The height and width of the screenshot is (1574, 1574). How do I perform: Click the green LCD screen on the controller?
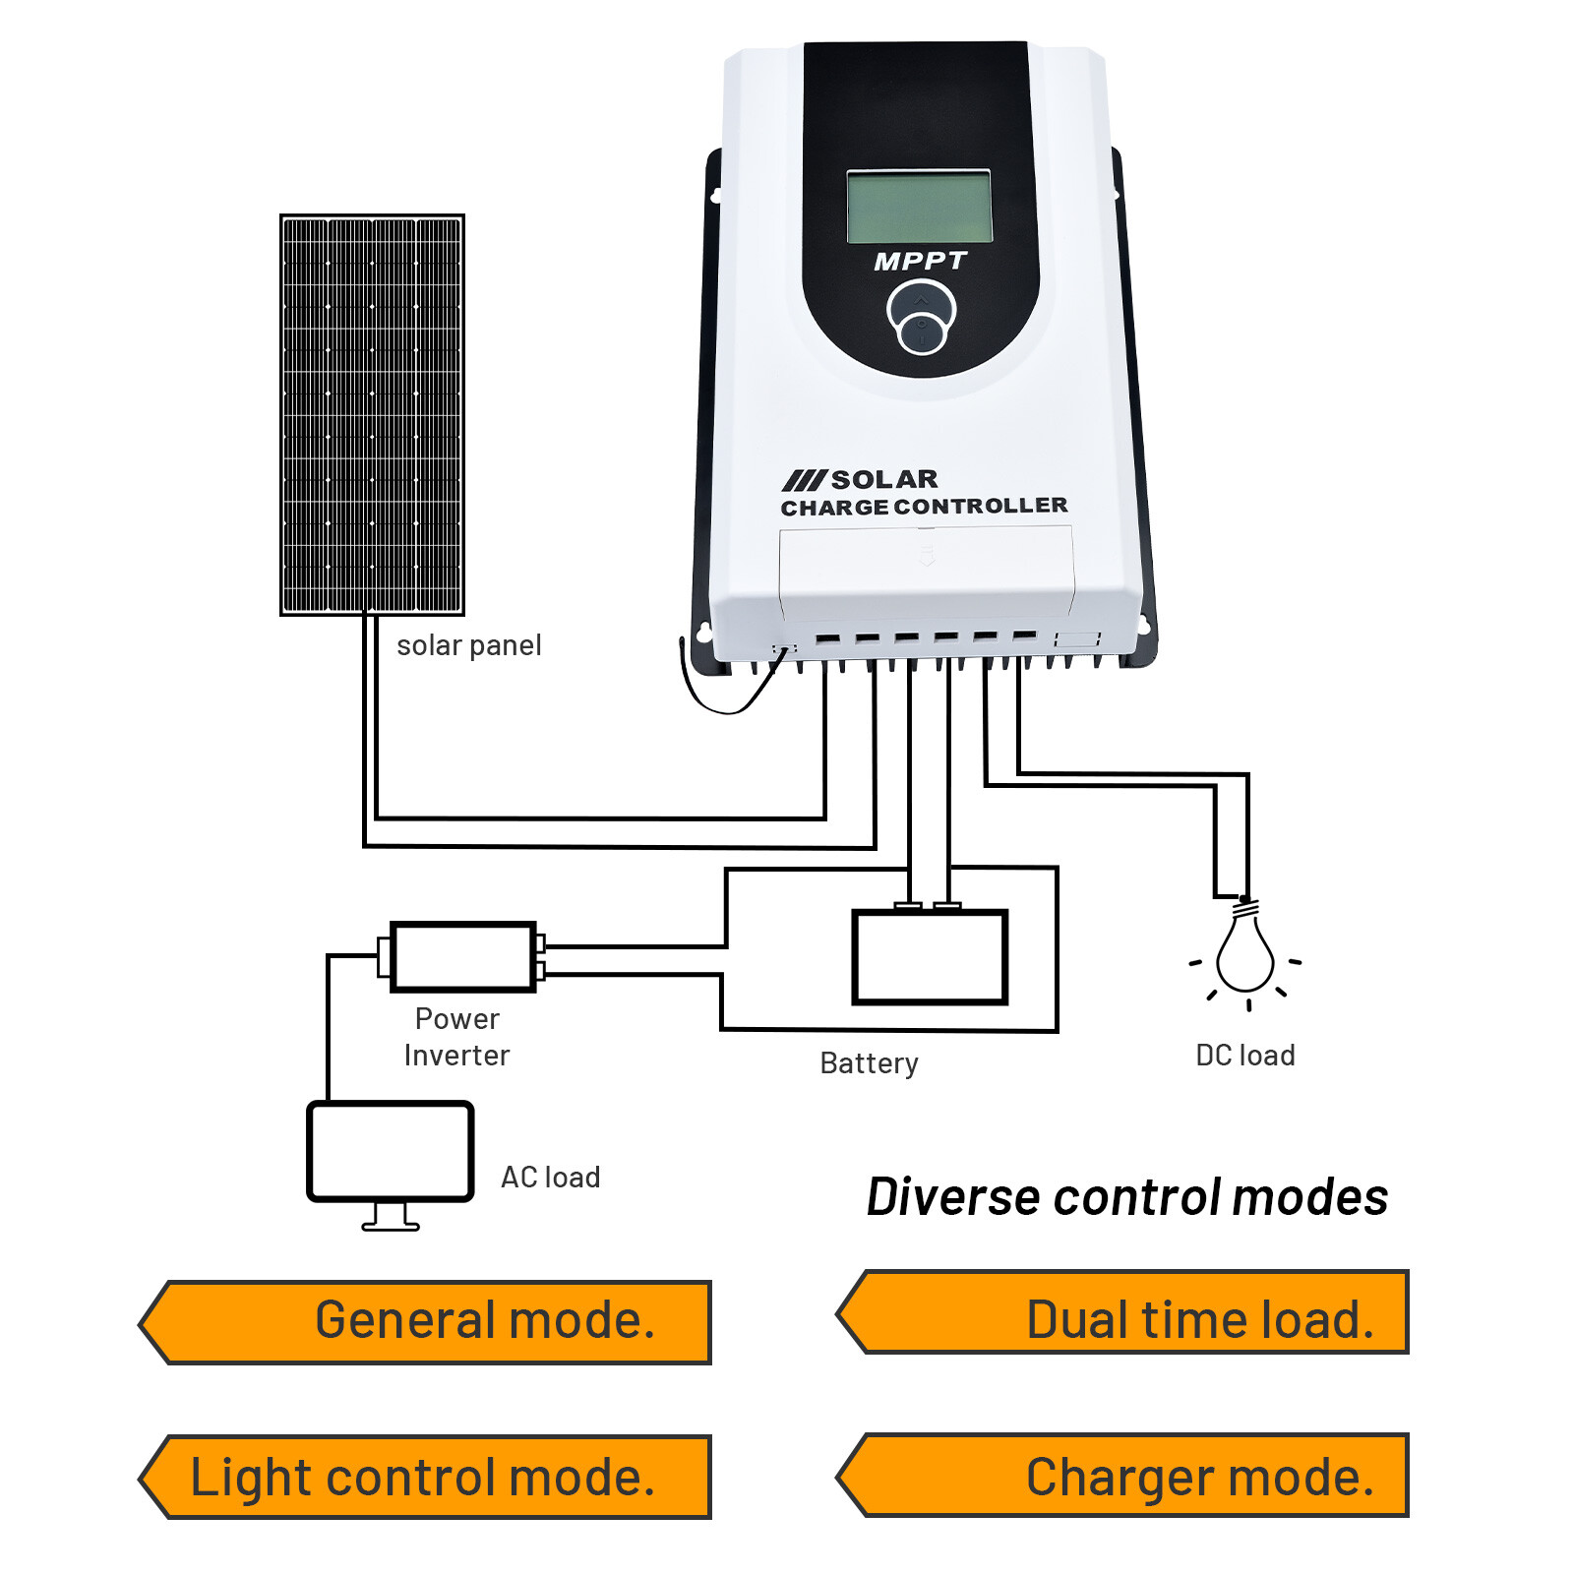pos(919,207)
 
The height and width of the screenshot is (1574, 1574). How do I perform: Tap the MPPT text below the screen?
pos(920,262)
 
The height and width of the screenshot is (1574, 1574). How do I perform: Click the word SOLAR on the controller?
pos(883,479)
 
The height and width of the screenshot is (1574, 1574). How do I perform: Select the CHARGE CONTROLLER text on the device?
pos(923,507)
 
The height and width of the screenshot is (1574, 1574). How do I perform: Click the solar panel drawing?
pos(372,414)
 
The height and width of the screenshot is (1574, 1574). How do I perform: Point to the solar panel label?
pos(468,645)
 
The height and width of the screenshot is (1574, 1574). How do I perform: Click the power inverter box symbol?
pos(462,956)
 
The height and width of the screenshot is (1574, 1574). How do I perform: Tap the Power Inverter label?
pos(456,1037)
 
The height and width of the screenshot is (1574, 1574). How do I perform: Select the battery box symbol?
pos(930,957)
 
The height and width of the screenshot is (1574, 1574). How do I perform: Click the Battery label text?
pos(869,1063)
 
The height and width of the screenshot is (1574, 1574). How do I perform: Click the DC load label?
pos(1244,1056)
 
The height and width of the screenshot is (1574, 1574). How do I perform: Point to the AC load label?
pos(550,1178)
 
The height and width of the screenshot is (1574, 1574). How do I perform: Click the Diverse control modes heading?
pos(1126,1197)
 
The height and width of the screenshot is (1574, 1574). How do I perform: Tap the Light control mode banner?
pos(425,1477)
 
